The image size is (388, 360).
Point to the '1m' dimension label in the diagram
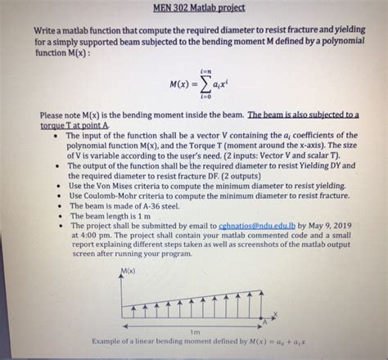[194, 331]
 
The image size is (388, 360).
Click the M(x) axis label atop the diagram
[128, 271]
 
